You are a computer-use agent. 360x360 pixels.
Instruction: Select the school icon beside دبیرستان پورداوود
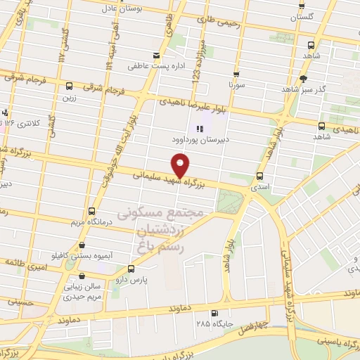tap(199, 129)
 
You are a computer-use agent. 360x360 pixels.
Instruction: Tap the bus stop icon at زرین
tap(69, 86)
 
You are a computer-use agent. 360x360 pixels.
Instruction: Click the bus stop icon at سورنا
tap(236, 74)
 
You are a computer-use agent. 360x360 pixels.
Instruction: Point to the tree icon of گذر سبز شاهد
tap(303, 79)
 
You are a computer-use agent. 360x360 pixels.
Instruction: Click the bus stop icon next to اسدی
tap(261, 176)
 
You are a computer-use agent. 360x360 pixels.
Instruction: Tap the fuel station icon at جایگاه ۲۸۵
tap(214, 314)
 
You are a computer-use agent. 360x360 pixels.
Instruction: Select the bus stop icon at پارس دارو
tap(130, 269)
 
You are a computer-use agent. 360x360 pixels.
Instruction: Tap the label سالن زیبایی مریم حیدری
tap(64, 292)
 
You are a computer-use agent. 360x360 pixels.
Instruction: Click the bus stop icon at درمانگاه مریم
tap(91, 211)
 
